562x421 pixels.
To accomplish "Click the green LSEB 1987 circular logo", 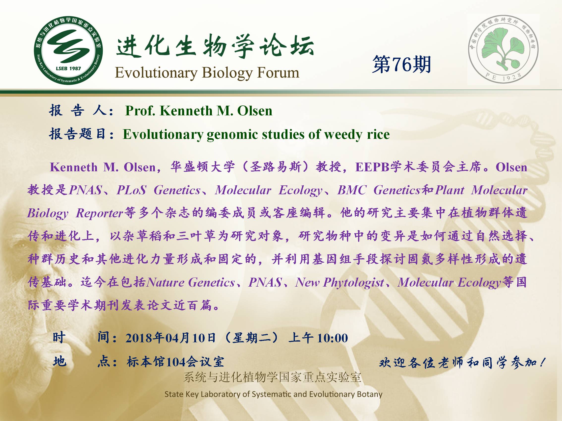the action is (68, 50).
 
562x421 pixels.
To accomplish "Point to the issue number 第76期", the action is (401, 64).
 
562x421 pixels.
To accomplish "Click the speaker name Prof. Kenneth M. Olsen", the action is (199, 111).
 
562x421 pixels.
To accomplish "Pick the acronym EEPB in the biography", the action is (372, 167).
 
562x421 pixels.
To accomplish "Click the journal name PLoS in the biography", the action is (132, 190).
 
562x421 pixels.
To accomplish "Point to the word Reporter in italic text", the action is (100, 213).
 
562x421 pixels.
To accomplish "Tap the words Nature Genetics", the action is (191, 282).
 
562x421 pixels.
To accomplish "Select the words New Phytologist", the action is (340, 282).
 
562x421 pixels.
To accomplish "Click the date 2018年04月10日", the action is (170, 338).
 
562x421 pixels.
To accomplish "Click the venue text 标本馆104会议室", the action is (175, 362).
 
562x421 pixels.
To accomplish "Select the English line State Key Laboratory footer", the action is (273, 394).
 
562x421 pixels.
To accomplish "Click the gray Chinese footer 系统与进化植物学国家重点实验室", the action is (272, 377).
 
